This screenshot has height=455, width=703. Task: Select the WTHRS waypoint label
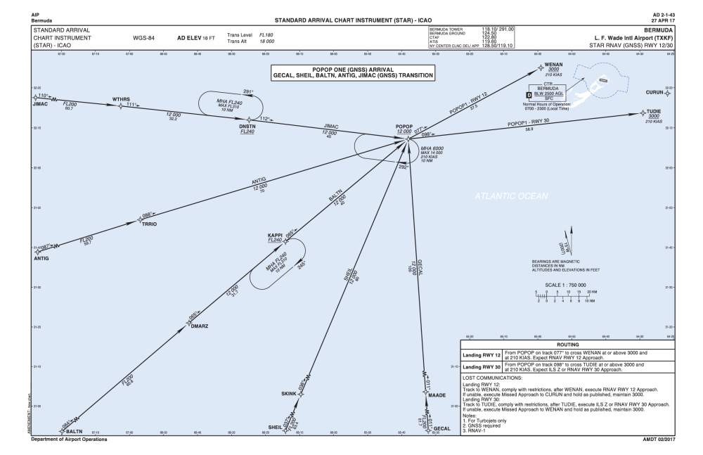click(x=123, y=99)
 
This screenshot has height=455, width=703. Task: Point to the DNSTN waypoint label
click(x=247, y=127)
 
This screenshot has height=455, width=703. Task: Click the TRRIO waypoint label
click(x=150, y=224)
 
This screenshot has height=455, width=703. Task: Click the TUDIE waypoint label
click(x=656, y=111)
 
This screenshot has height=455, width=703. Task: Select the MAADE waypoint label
click(x=437, y=395)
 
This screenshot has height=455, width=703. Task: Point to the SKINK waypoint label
click(x=290, y=394)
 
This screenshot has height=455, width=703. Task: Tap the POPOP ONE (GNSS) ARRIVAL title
click(x=354, y=70)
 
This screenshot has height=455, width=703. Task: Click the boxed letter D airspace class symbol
click(x=529, y=95)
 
